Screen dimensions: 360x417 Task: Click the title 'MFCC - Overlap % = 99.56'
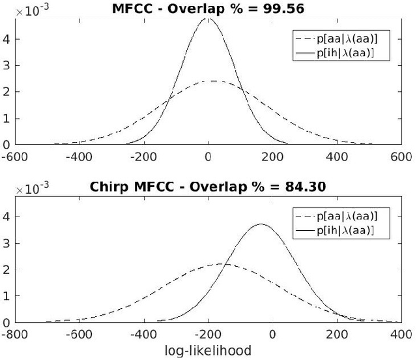pyautogui.click(x=208, y=8)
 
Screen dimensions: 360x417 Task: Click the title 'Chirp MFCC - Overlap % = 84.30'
pyautogui.click(x=208, y=187)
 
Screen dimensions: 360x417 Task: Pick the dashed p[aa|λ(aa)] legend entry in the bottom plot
pyautogui.click(x=342, y=216)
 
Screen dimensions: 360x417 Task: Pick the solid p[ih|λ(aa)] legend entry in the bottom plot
pyautogui.click(x=342, y=230)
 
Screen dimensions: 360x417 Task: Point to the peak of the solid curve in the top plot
pyautogui.click(x=208, y=19)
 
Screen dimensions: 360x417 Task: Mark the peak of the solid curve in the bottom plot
pyautogui.click(x=260, y=224)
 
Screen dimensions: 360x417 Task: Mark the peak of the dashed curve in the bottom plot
pyautogui.click(x=220, y=263)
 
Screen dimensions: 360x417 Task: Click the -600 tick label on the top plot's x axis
pyautogui.click(x=13, y=157)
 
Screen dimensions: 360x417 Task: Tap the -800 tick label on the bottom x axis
pyautogui.click(x=13, y=335)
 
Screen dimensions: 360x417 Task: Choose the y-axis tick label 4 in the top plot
pyautogui.click(x=6, y=38)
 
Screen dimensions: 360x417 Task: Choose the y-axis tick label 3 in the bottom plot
pyautogui.click(x=6, y=243)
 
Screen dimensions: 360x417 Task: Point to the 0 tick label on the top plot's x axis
pyautogui.click(x=208, y=157)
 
